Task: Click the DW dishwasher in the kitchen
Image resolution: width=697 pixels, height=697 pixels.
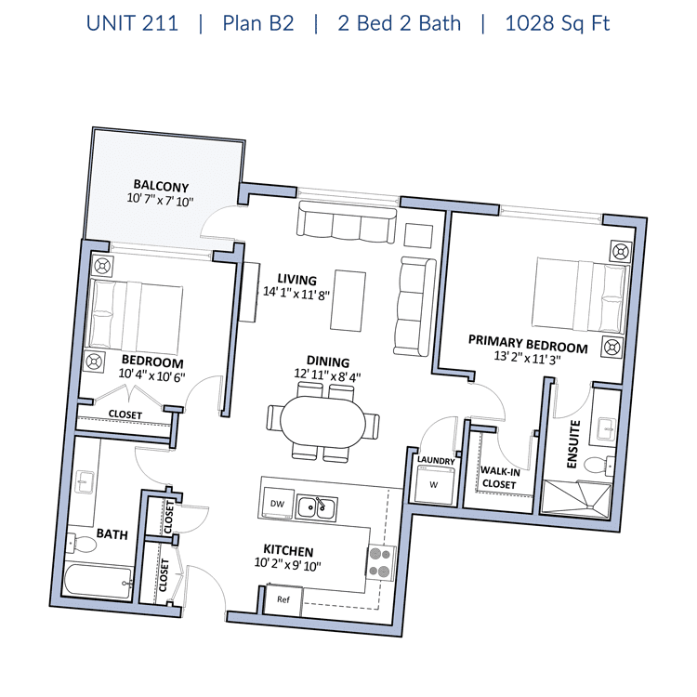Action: (277, 503)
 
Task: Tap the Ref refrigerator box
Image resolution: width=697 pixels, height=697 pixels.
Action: (283, 599)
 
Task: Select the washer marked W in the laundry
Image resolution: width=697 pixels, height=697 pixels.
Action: (434, 484)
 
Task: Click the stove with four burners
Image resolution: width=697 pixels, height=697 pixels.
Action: (380, 562)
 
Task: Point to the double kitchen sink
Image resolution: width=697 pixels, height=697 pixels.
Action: (317, 508)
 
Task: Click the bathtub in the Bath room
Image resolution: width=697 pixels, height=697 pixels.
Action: (98, 580)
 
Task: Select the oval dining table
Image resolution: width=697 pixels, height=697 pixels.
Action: (322, 422)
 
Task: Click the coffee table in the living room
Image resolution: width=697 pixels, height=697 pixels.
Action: (348, 300)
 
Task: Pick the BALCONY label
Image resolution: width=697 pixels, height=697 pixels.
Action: (161, 185)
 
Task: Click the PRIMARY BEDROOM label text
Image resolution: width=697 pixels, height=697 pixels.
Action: (528, 344)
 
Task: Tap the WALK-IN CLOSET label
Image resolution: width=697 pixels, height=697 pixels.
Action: (500, 477)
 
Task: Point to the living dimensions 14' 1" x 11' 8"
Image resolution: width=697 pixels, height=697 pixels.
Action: (296, 294)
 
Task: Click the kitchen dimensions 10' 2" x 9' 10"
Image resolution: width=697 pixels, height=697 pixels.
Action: (287, 564)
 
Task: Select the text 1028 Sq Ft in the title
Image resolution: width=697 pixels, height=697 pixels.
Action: (558, 23)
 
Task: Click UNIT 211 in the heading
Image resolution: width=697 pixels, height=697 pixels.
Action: (132, 23)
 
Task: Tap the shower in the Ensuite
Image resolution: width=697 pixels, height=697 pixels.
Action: (577, 498)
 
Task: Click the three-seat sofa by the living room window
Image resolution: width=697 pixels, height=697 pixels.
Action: (347, 222)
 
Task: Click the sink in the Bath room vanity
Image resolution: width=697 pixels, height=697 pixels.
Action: (84, 482)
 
